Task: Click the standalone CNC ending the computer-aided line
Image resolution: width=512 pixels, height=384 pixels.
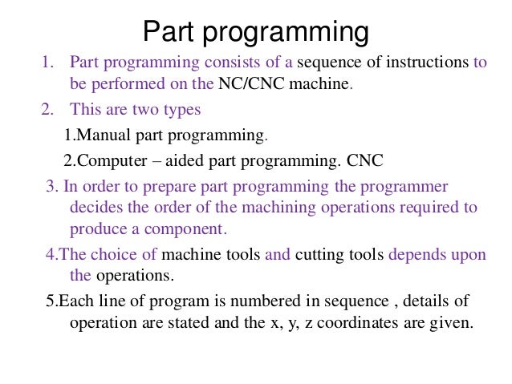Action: [366, 160]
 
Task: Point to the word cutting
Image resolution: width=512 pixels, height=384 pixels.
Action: [322, 255]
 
